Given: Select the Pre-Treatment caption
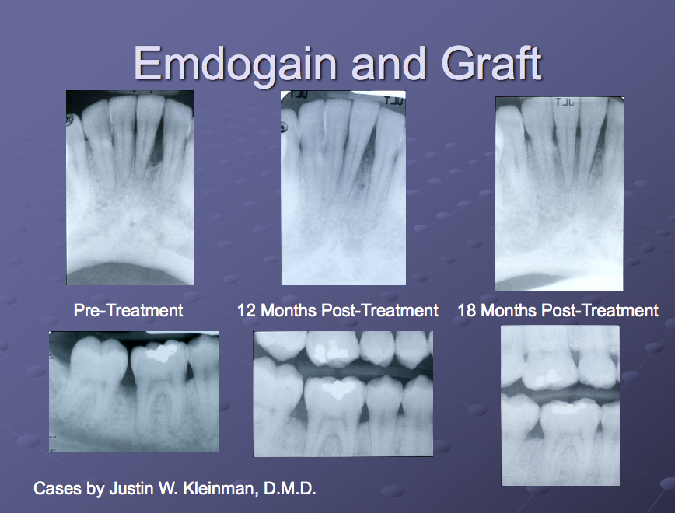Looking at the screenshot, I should coord(128,311).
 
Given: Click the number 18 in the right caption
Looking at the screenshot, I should coord(467,311).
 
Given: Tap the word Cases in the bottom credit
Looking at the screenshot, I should coord(54,489).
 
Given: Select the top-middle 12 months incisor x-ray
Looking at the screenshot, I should coord(343,187).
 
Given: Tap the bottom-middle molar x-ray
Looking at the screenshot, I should coord(343,393).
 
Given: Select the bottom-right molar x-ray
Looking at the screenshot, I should coord(560,405).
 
